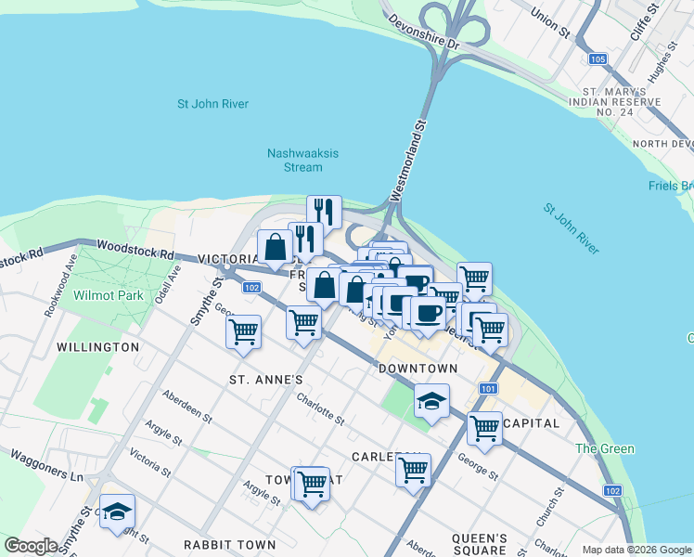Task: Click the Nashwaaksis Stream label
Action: coord(294,161)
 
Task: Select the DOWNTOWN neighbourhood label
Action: coord(418,369)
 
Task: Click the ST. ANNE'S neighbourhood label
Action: coord(266,380)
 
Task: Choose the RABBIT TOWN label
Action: coord(229,544)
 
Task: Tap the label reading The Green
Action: coord(604,449)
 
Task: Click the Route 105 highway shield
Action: coord(598,59)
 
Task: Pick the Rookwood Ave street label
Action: coord(58,294)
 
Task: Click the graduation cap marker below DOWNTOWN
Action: coord(431,401)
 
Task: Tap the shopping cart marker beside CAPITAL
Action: coord(484,428)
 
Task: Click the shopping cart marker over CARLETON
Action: coord(413,469)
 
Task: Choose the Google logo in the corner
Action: coord(32,546)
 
